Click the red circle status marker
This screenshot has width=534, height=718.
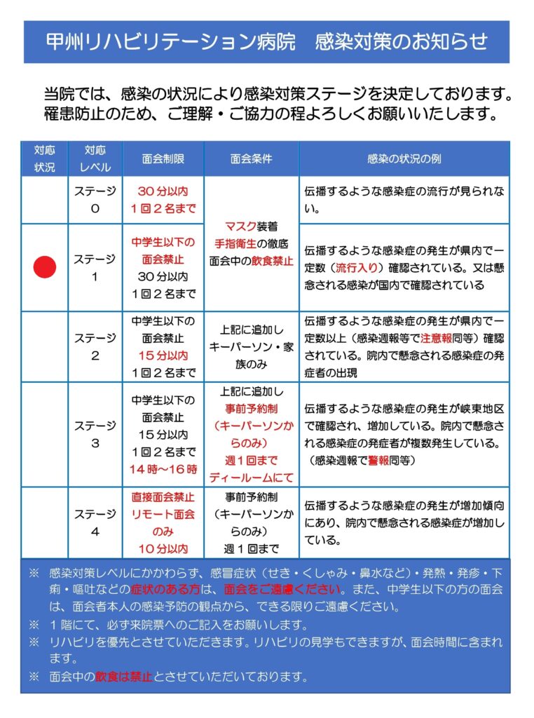(46, 267)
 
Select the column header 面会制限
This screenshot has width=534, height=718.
(163, 159)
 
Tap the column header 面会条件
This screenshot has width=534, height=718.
(251, 159)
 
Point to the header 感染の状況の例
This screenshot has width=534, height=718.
(404, 159)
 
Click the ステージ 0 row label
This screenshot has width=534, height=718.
(95, 200)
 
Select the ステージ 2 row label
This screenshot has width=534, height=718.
(95, 347)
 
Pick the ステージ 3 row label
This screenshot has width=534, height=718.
(95, 435)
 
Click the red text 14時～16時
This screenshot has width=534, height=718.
(163, 469)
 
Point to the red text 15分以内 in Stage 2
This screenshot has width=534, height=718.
(163, 355)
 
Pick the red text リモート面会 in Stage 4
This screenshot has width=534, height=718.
(163, 515)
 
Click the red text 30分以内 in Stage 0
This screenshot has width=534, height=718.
(163, 191)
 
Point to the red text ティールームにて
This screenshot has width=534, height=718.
(251, 478)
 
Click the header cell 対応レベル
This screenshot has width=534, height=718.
(95, 159)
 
